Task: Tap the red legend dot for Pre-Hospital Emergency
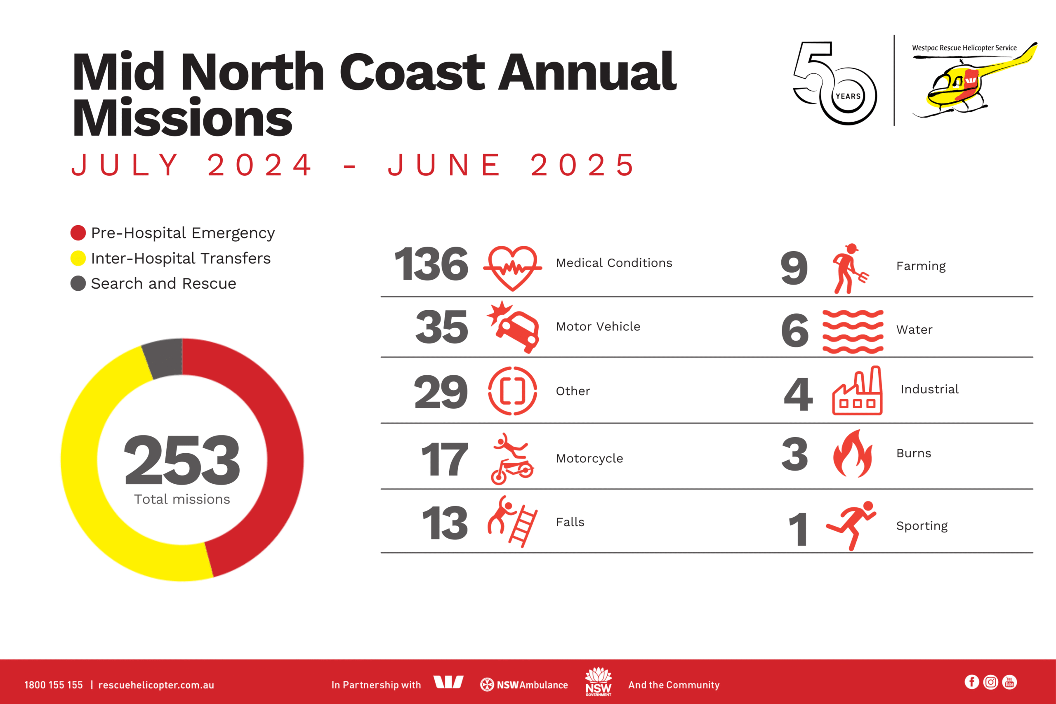78,233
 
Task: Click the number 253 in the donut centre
182,461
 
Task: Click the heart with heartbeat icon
512,268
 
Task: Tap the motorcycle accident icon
513,459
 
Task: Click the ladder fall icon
512,521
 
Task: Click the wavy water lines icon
853,331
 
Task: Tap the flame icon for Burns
852,454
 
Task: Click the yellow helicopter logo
974,83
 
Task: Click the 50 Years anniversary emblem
834,83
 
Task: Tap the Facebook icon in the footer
971,682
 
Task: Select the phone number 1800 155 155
54,685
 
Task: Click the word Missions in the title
182,118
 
